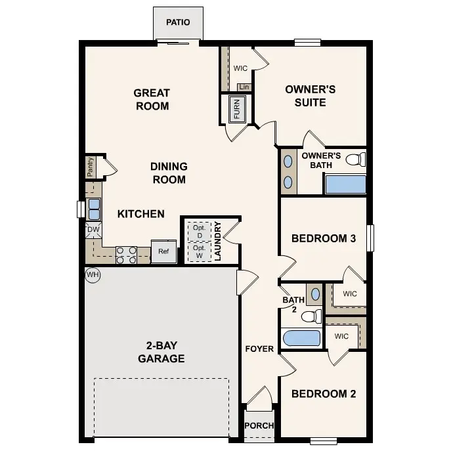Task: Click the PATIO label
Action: [x=178, y=22]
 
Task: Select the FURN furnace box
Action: [x=236, y=109]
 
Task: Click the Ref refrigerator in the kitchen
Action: [x=163, y=251]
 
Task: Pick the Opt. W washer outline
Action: [x=198, y=251]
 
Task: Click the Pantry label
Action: [x=90, y=167]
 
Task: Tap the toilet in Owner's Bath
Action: [x=355, y=160]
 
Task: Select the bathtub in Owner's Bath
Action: [x=345, y=184]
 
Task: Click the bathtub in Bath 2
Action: [x=301, y=339]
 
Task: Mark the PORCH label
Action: [x=259, y=425]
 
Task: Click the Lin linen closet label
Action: [x=244, y=87]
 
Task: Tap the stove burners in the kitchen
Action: [x=126, y=254]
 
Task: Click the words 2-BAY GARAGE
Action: [x=161, y=352]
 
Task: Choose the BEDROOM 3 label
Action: [x=324, y=238]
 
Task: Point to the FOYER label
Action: [x=259, y=349]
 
